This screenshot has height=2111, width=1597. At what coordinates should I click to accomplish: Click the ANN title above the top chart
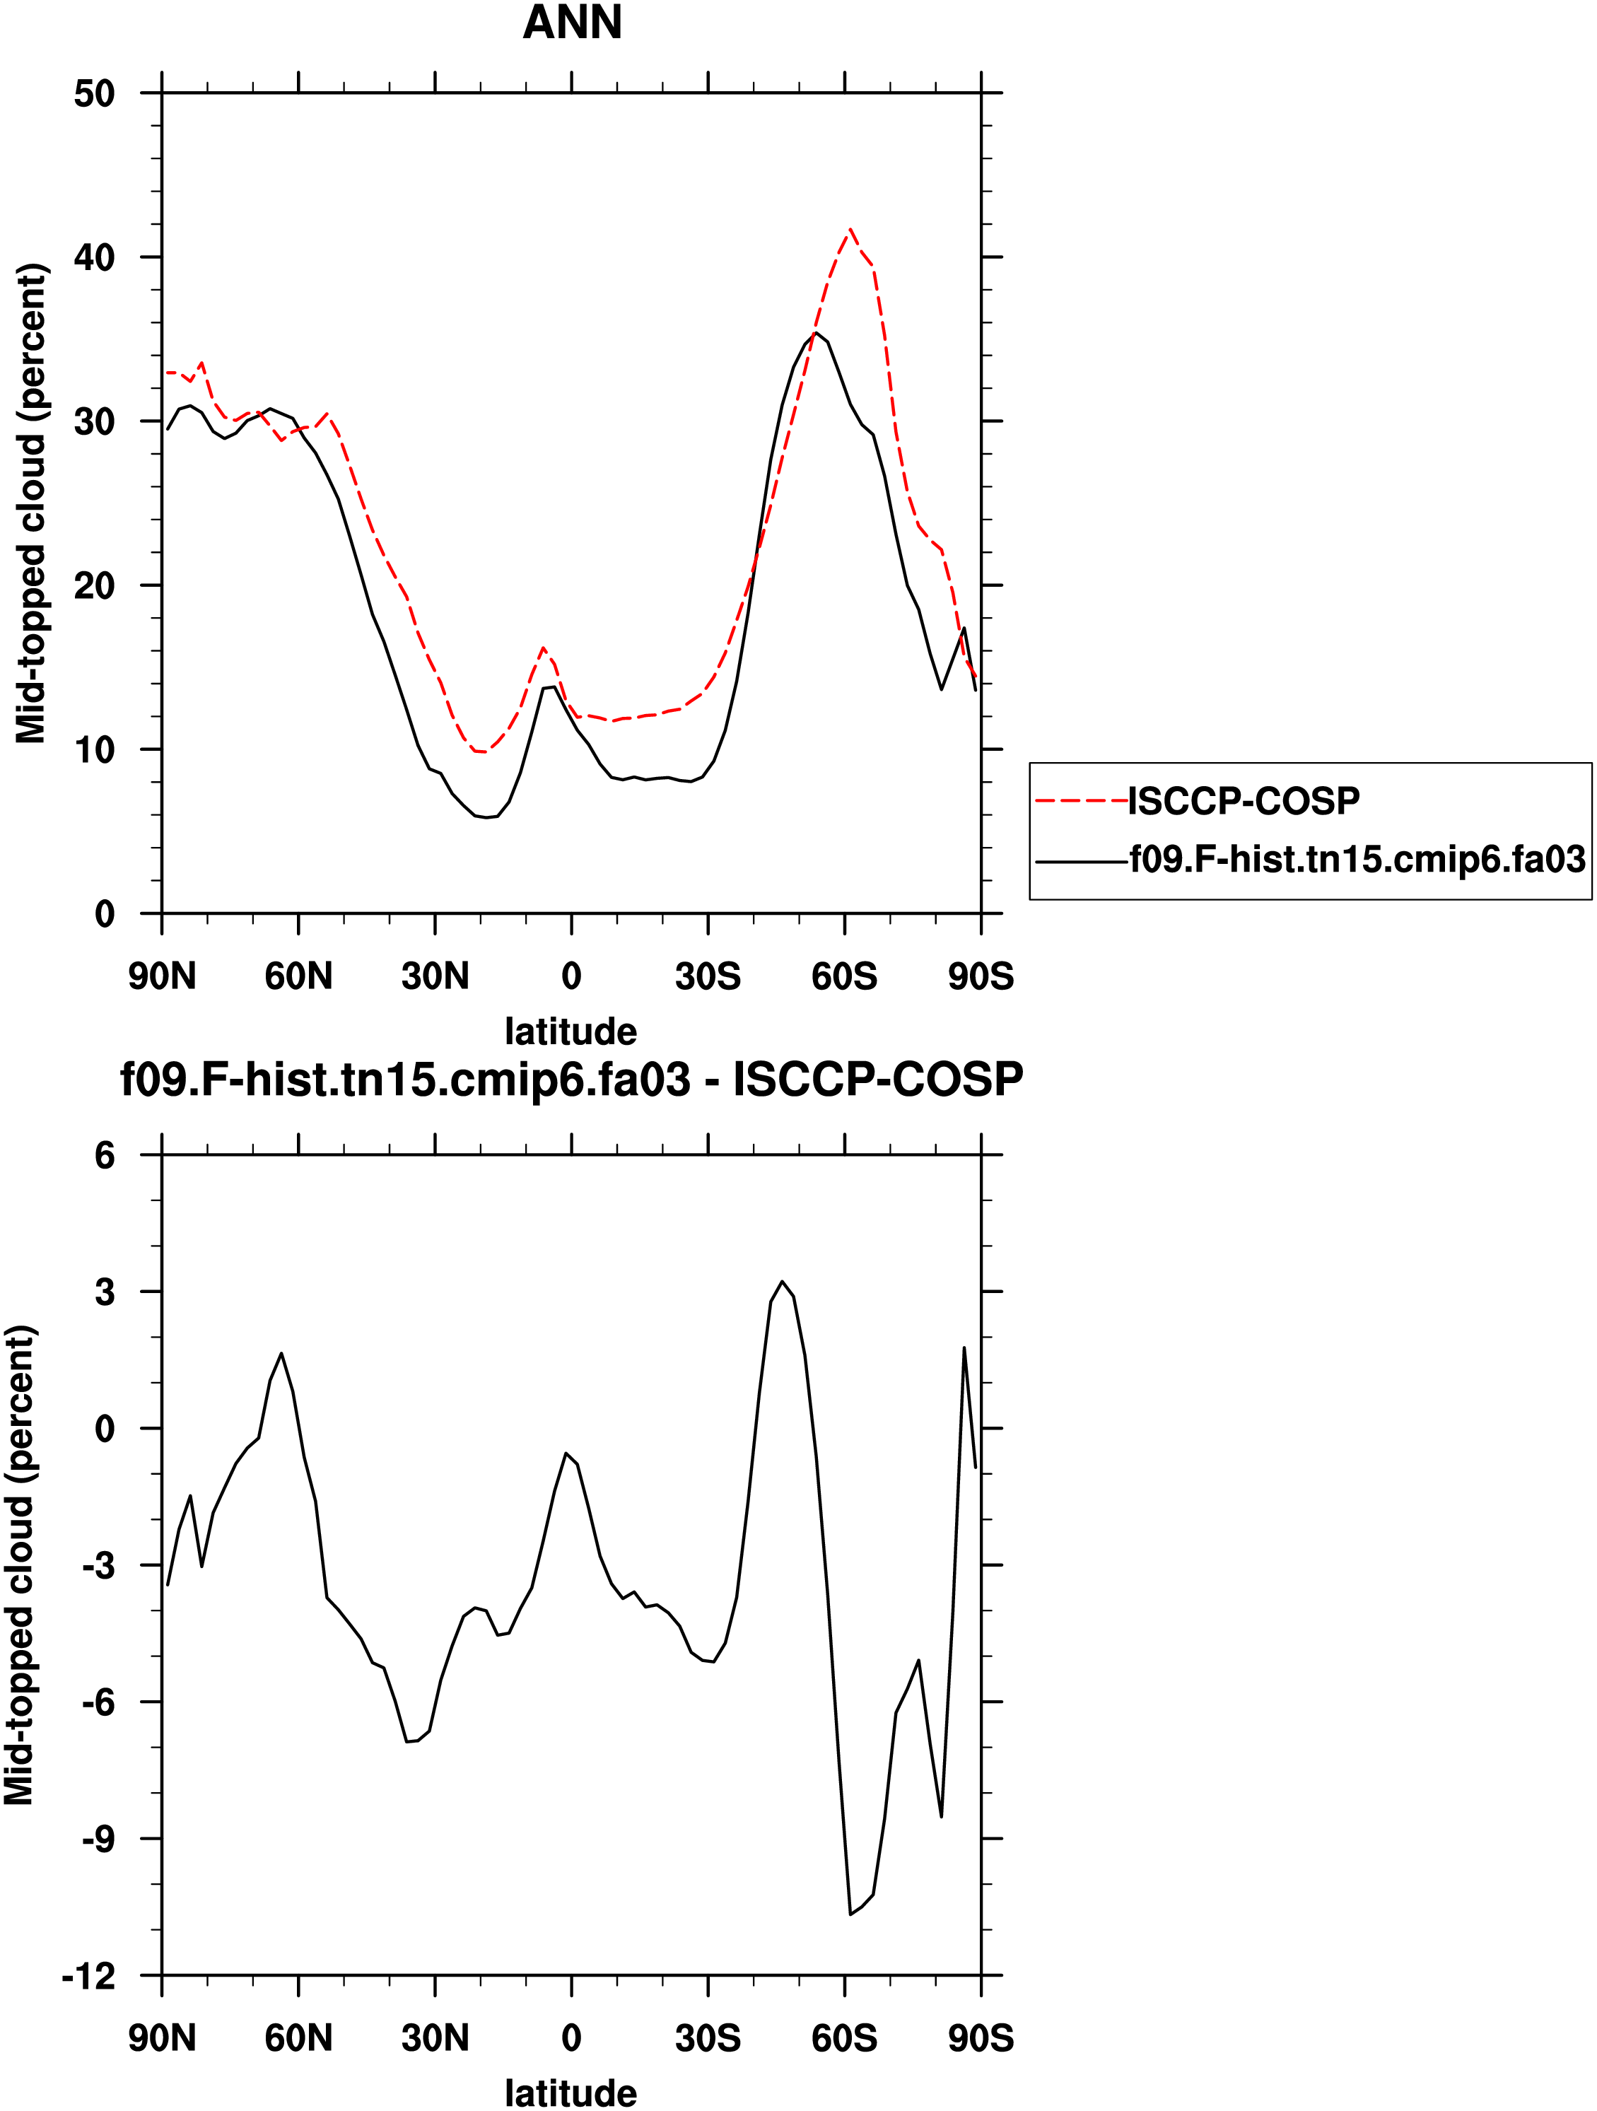click(572, 23)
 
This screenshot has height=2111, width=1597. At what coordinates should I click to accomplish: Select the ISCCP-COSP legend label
click(1243, 801)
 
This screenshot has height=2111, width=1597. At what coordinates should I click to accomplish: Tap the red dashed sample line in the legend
click(1081, 801)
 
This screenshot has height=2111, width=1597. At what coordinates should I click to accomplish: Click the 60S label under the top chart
click(844, 976)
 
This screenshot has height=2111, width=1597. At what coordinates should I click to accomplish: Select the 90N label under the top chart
click(163, 976)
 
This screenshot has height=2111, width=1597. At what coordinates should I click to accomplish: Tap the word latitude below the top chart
click(571, 1031)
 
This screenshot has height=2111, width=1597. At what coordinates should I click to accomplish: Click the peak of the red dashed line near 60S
click(850, 229)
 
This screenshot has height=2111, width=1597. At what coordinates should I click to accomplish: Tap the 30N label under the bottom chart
click(435, 2038)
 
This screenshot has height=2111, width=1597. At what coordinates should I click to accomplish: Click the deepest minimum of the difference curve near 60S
click(850, 1914)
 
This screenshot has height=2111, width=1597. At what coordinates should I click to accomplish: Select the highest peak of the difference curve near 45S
click(782, 1281)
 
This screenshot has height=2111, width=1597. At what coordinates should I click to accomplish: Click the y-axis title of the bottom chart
click(19, 1565)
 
